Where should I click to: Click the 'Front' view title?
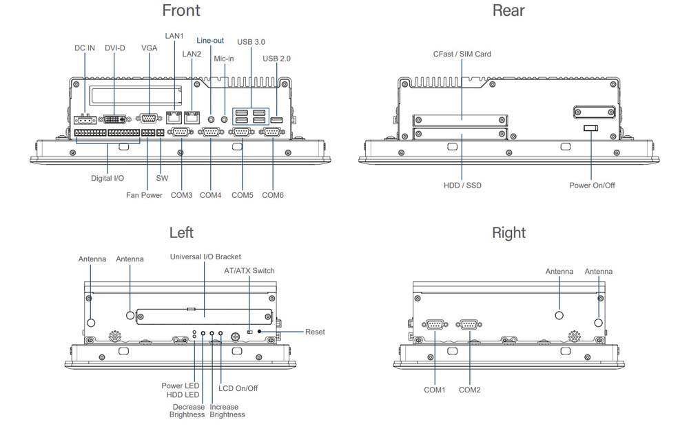click(181, 10)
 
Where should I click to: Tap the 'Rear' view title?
click(508, 10)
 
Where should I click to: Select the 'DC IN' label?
click(85, 48)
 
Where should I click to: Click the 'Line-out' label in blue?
click(210, 41)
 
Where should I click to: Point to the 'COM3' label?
click(181, 195)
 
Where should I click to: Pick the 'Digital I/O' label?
click(107, 178)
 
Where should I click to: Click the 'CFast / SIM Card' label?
click(462, 54)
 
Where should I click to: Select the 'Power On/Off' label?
click(592, 186)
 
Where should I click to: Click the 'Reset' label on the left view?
click(315, 332)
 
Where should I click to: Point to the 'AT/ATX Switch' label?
click(249, 270)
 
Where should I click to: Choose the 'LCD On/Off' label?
click(238, 388)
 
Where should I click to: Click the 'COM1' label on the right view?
click(434, 390)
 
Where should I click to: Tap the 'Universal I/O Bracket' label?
click(205, 257)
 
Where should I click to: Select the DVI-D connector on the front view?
click(114, 119)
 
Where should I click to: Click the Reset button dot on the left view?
click(259, 332)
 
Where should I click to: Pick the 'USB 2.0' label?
click(276, 59)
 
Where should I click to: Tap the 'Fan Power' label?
click(144, 195)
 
